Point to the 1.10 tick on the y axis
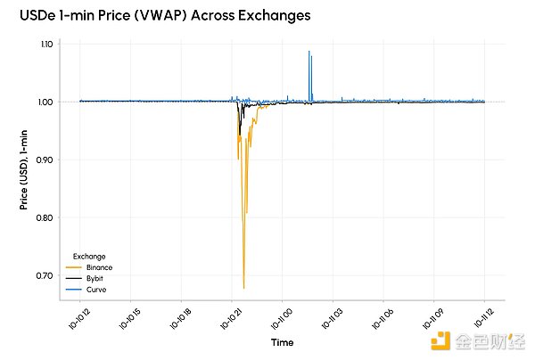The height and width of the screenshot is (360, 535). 46,44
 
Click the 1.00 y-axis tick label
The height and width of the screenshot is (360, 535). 46,102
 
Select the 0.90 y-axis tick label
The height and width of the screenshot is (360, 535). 46,160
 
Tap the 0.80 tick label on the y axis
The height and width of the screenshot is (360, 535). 46,217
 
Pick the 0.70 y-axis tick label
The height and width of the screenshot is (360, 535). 46,275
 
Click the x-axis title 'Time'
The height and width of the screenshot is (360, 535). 282,341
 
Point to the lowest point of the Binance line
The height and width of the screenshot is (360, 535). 243,288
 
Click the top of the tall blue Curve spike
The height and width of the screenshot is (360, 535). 309,52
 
